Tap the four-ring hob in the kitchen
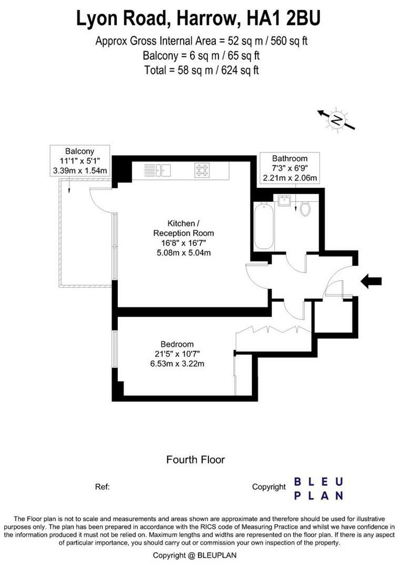(x=202, y=170)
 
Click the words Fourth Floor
(x=195, y=460)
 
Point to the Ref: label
(x=102, y=487)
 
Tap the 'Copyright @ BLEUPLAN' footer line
(x=198, y=555)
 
